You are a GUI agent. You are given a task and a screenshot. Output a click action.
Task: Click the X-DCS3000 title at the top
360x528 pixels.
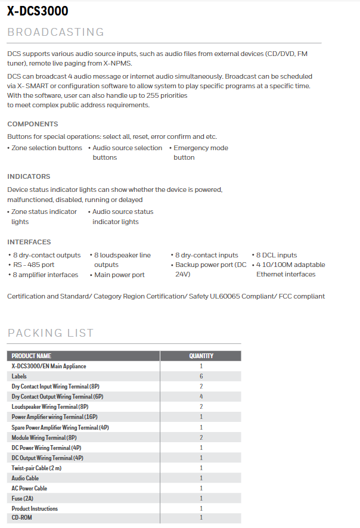[38, 11]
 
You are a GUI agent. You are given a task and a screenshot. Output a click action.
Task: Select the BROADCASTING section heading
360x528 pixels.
[55, 32]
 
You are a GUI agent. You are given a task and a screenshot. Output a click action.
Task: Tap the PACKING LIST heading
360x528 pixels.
[51, 333]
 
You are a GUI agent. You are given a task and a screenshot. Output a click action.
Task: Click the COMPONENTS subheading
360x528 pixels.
[33, 124]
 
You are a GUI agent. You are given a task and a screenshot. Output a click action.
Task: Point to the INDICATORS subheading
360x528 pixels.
[29, 176]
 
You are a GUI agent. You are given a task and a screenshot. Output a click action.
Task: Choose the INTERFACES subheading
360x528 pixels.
[29, 242]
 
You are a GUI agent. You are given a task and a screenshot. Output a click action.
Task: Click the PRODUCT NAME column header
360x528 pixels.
[32, 356]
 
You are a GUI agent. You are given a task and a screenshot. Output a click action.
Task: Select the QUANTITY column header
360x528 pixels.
[201, 356]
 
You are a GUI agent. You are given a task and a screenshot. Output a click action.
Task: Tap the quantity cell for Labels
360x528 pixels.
[201, 377]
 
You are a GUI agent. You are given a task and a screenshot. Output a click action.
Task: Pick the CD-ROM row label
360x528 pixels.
[23, 518]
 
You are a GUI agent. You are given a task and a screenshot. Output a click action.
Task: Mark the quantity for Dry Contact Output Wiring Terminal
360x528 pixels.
[201, 396]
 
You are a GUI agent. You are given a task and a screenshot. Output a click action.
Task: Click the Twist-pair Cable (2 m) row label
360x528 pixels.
[36, 468]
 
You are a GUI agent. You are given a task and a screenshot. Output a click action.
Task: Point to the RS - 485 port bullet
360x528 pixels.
[33, 265]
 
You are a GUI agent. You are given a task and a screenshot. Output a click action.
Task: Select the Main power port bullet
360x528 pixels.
[119, 275]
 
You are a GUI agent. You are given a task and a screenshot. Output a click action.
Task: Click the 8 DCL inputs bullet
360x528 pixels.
[277, 255]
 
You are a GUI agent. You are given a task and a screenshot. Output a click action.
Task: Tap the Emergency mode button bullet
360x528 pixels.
[200, 153]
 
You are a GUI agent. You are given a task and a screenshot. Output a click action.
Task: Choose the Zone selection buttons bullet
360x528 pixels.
[46, 148]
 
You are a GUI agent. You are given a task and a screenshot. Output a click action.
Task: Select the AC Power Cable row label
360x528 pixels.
[29, 488]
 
